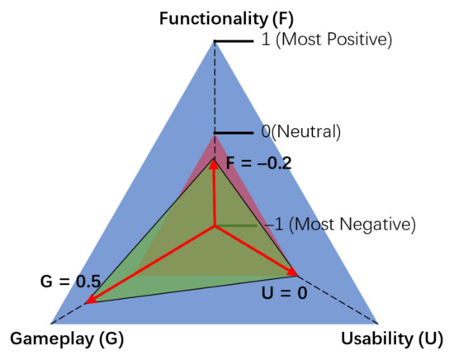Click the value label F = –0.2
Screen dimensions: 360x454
coord(258,163)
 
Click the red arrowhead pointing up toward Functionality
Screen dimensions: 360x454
coord(214,164)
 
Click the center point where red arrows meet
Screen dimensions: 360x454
coord(215,225)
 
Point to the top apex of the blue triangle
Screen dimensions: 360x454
coord(215,40)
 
